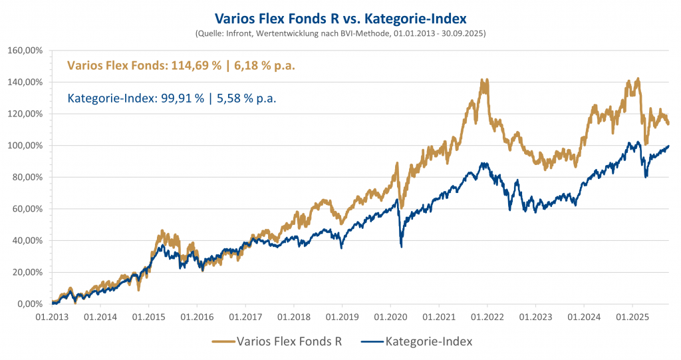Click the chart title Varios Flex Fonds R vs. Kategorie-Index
click(x=340, y=14)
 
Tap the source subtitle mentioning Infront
click(x=340, y=32)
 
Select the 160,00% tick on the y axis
click(x=25, y=50)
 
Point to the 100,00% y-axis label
click(x=25, y=145)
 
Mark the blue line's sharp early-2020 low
click(x=401, y=246)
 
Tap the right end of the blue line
click(x=668, y=146)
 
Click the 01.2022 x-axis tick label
click(x=487, y=318)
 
